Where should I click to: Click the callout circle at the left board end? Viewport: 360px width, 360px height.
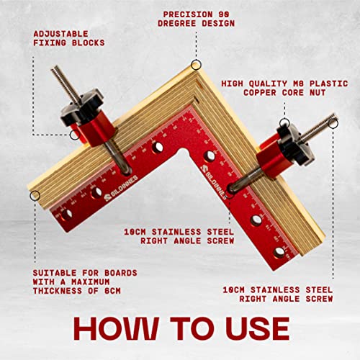point(35,195)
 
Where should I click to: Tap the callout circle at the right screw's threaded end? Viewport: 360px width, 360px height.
point(335,122)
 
